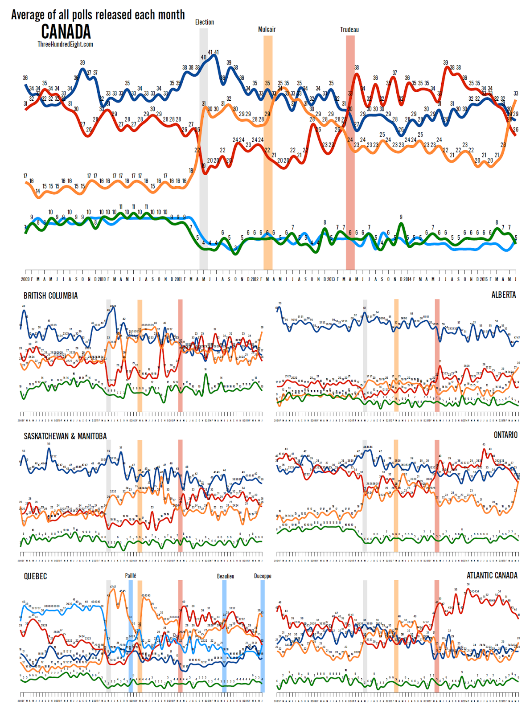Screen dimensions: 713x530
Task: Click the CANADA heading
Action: pyautogui.click(x=66, y=32)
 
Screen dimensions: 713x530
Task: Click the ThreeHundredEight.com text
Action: pyautogui.click(x=65, y=44)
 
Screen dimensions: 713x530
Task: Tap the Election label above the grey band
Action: pyautogui.click(x=204, y=22)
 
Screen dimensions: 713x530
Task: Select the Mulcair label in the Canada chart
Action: pyautogui.click(x=267, y=29)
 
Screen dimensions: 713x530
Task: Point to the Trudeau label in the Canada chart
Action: pyautogui.click(x=349, y=30)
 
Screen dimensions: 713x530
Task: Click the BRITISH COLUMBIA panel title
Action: pyautogui.click(x=50, y=296)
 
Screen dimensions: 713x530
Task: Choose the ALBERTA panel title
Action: pyautogui.click(x=503, y=295)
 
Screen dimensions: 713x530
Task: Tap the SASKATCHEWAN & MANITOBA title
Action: pyautogui.click(x=65, y=436)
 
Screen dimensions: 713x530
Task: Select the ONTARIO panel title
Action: pyautogui.click(x=505, y=435)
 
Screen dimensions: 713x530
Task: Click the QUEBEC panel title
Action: pyautogui.click(x=35, y=577)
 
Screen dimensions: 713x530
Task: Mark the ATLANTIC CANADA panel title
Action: pyautogui.click(x=492, y=576)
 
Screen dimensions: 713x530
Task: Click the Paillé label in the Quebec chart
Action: pyautogui.click(x=130, y=576)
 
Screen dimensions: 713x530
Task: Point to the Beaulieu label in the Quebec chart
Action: pyautogui.click(x=225, y=576)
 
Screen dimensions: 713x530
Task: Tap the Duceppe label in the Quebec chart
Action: pyautogui.click(x=263, y=576)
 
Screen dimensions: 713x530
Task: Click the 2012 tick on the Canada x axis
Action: pyautogui.click(x=255, y=279)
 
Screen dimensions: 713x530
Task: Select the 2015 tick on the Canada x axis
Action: pyautogui.click(x=484, y=279)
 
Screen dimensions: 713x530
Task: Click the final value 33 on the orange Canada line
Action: pyautogui.click(x=516, y=94)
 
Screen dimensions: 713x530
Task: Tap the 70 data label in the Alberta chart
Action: pyautogui.click(x=280, y=303)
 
